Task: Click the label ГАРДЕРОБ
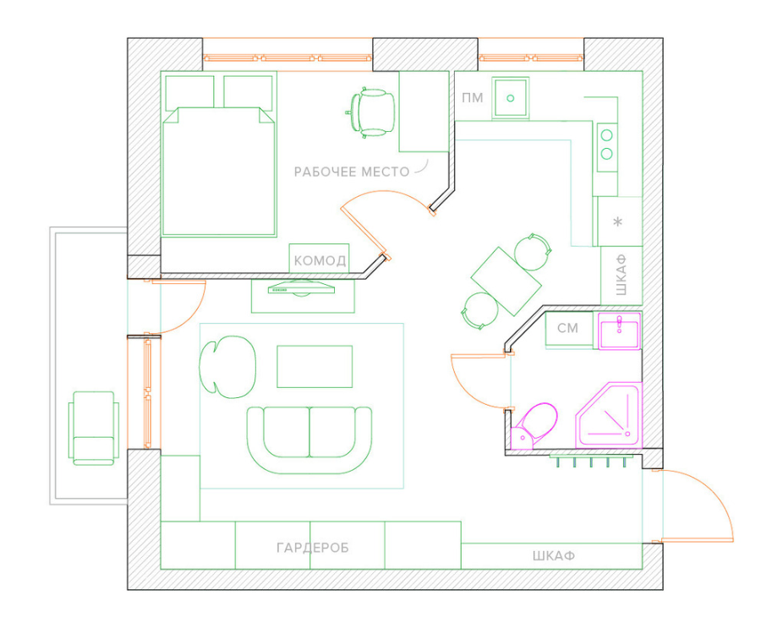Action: point(313,548)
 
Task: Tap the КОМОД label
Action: point(320,260)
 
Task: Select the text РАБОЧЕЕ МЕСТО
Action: point(352,172)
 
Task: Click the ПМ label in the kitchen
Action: point(472,98)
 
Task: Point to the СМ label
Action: point(567,328)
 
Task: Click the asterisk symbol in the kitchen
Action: point(618,221)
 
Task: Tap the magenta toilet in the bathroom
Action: point(534,426)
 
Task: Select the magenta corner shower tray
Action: point(610,414)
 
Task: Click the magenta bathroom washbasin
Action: point(619,330)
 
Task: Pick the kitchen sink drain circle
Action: point(511,98)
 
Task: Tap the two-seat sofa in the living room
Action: point(309,440)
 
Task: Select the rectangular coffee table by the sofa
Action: point(315,367)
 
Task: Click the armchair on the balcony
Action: point(94,429)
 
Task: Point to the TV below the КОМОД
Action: point(301,288)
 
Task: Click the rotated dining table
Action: point(506,281)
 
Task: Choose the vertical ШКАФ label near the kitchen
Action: point(621,275)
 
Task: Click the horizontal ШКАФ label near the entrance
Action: point(554,556)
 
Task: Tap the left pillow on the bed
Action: point(189,92)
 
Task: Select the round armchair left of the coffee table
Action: point(227,367)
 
